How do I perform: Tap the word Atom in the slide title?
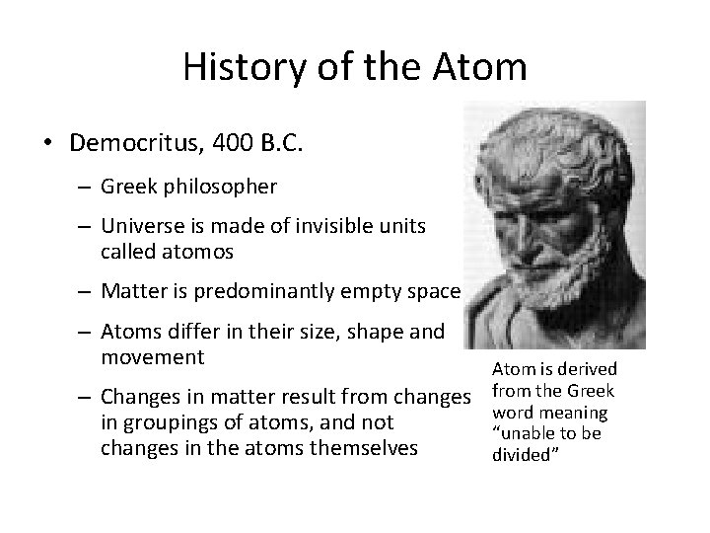click(478, 68)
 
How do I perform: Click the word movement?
click(152, 355)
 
